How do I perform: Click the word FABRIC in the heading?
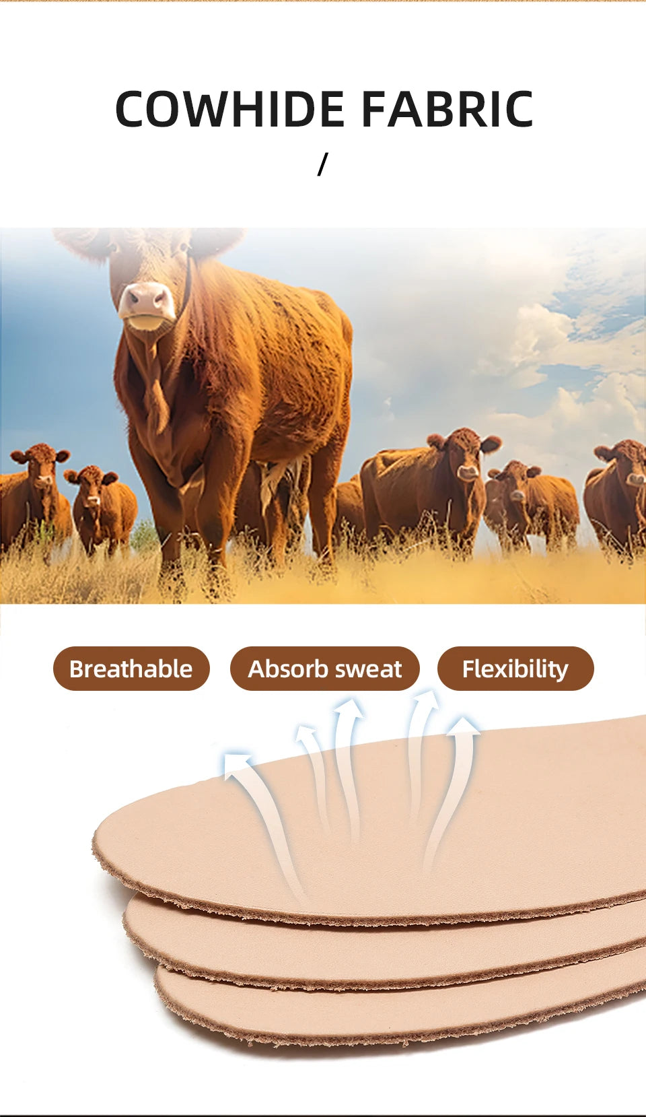(x=447, y=109)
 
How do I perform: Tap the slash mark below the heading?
(x=323, y=164)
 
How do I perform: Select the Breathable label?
(x=131, y=669)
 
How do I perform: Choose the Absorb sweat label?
(x=324, y=669)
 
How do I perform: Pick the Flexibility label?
(x=515, y=669)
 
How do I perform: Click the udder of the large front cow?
(x=276, y=478)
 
